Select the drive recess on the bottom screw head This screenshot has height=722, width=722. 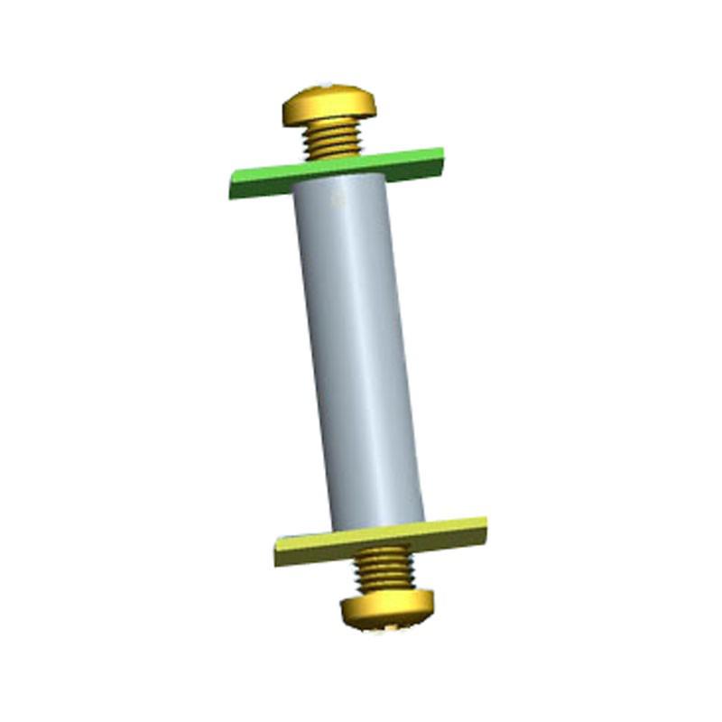pos(392,623)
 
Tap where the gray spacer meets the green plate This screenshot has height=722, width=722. pos(336,179)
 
